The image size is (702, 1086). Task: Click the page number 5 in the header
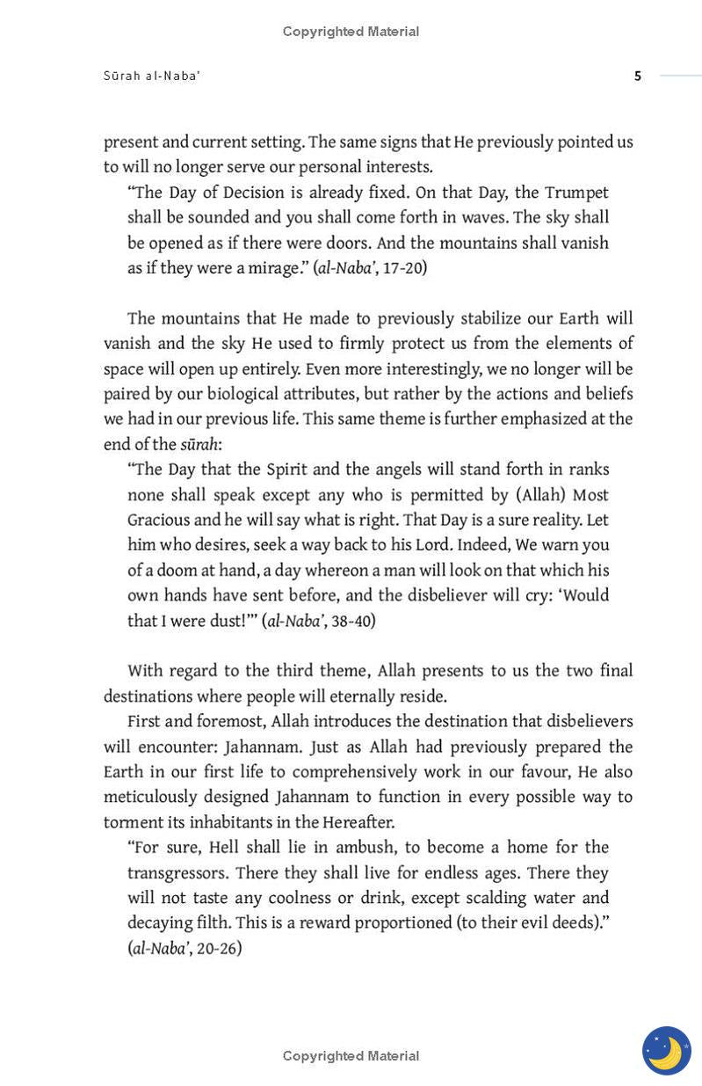pyautogui.click(x=638, y=77)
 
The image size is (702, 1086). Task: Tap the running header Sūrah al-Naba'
pyautogui.click(x=152, y=77)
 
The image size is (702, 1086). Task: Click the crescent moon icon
pyautogui.click(x=667, y=1050)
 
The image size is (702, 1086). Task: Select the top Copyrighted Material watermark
pyautogui.click(x=351, y=32)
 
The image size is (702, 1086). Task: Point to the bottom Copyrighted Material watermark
pyautogui.click(x=351, y=1055)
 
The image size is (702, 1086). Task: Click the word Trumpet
pyautogui.click(x=576, y=193)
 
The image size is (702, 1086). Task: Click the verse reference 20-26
pyautogui.click(x=219, y=948)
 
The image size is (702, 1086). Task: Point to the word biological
pyautogui.click(x=250, y=394)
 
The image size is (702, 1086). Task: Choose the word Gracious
pyautogui.click(x=158, y=520)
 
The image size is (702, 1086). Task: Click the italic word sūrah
pyautogui.click(x=199, y=444)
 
